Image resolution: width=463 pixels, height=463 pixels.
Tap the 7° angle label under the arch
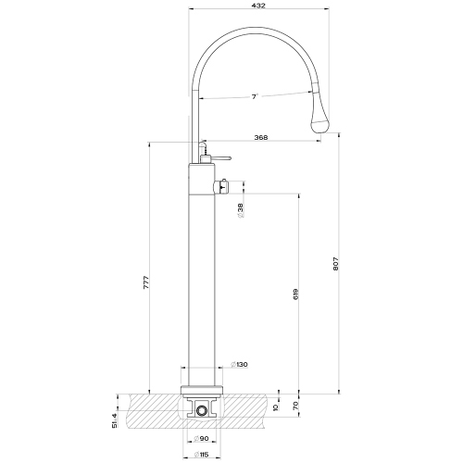tap(254, 95)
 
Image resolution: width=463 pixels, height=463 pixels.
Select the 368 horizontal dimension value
tap(261, 138)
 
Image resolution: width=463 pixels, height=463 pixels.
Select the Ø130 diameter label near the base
tap(238, 364)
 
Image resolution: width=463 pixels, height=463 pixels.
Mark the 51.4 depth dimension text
tap(116, 411)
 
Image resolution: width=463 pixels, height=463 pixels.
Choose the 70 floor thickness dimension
tap(297, 406)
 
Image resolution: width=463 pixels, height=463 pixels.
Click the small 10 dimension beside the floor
tap(276, 406)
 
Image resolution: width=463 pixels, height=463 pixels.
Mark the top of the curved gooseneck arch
tap(250, 30)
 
